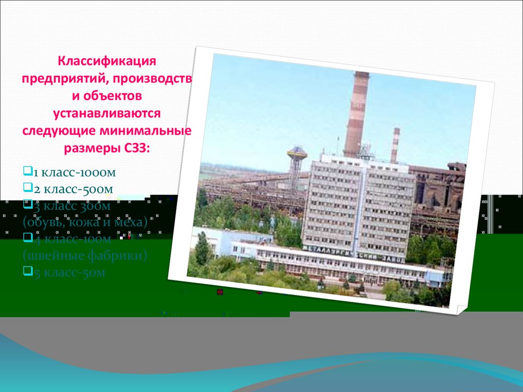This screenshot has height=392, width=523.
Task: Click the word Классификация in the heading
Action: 106,62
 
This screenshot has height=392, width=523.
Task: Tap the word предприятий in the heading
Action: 63,79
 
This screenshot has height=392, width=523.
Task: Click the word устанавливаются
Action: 106,113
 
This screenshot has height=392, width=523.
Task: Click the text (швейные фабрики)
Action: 85,255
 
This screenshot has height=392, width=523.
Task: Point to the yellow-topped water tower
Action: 296,158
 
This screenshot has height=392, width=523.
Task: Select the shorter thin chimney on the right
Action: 395,145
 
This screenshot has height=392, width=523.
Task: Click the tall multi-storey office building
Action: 358,204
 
